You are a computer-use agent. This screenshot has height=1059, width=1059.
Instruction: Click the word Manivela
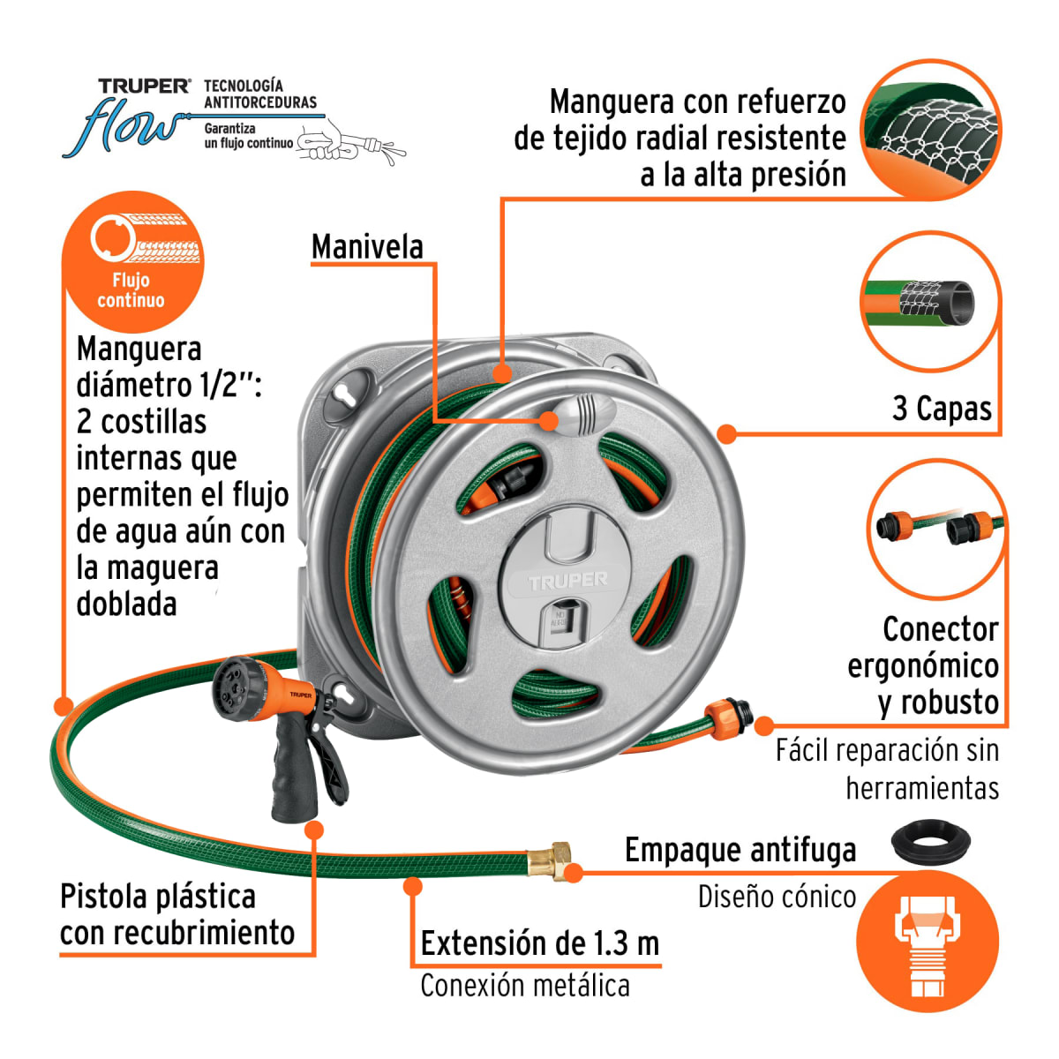coord(367,247)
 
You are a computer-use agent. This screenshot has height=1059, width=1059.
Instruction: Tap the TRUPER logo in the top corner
coord(144,86)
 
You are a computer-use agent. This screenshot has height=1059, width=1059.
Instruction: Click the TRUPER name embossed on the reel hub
coord(568,581)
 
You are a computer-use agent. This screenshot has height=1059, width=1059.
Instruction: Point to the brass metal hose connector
coord(550,859)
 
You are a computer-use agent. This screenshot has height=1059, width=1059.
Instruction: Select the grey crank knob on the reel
coord(582,414)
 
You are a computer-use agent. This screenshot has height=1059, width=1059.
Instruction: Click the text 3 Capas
coord(942,409)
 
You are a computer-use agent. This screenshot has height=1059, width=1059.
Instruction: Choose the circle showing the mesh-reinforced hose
coord(930,129)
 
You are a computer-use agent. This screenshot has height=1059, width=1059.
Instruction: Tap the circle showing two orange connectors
coord(936,529)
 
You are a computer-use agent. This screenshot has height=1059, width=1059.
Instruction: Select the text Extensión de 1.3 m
coord(539,943)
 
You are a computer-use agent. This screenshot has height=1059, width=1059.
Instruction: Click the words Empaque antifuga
coord(740,850)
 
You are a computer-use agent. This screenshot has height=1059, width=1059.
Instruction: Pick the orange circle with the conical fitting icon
coord(928,941)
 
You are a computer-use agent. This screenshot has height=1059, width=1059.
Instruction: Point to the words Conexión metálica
coord(524,986)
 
